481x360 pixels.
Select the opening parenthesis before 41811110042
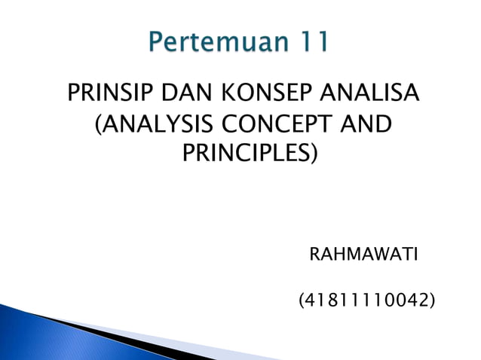[x=302, y=302]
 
